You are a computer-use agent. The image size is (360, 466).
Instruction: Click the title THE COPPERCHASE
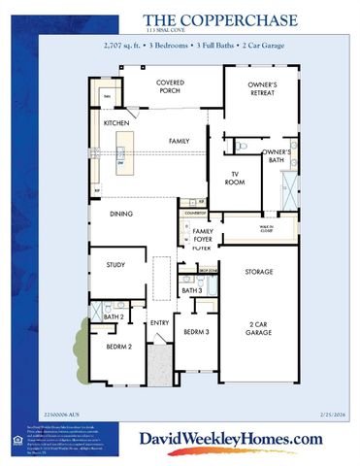click(x=199, y=18)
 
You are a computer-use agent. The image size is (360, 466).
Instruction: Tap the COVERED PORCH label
click(x=178, y=87)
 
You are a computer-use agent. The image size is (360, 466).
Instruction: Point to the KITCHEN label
click(x=118, y=123)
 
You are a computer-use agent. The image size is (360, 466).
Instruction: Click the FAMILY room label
click(x=179, y=142)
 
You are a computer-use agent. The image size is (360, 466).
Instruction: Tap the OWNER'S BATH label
click(x=277, y=156)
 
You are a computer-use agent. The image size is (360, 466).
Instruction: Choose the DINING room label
click(x=121, y=214)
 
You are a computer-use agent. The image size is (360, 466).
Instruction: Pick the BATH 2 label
click(x=115, y=316)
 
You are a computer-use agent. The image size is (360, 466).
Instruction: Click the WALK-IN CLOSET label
click(x=265, y=230)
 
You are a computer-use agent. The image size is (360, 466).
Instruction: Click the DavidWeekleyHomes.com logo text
click(x=229, y=439)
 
